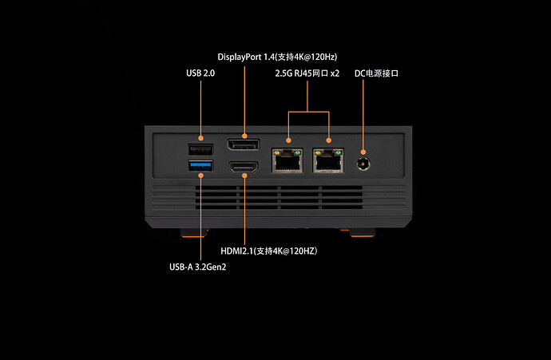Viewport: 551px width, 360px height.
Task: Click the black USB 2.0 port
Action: [200, 149]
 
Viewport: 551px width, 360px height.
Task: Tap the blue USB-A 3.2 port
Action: [200, 165]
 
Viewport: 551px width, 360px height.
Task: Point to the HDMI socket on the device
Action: [243, 168]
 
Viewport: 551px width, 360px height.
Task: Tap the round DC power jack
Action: [365, 162]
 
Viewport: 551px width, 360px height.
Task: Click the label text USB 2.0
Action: [200, 73]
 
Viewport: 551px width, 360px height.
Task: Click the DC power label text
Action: [376, 73]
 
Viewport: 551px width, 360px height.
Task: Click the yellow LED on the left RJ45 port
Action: [277, 149]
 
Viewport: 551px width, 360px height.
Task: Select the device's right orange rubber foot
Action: [362, 233]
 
